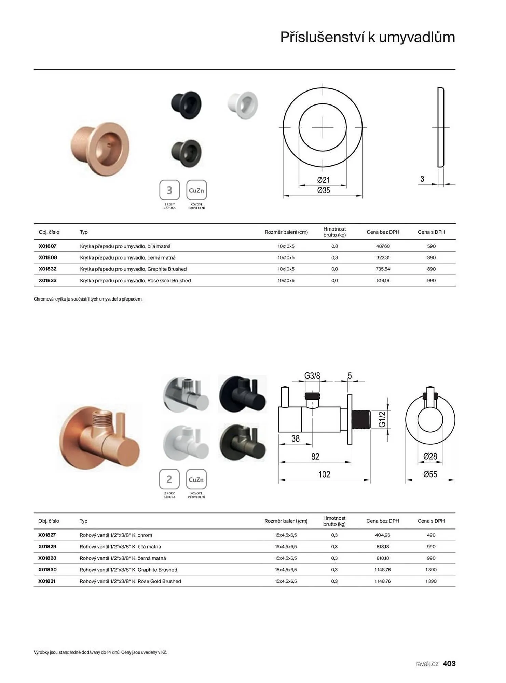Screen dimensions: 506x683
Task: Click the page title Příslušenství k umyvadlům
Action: (x=368, y=37)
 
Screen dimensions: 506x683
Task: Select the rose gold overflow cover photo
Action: (x=100, y=149)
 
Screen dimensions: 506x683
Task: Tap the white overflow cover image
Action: (x=243, y=104)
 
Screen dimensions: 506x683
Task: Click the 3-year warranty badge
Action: (x=169, y=190)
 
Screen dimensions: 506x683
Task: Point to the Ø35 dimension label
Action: (x=324, y=190)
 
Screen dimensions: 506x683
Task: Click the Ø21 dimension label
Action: (x=323, y=180)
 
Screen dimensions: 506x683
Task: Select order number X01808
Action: (x=48, y=257)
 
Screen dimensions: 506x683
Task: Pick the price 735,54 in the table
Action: (x=383, y=269)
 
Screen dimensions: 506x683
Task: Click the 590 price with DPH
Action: (x=431, y=246)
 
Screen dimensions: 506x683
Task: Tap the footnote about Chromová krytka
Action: (x=88, y=299)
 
